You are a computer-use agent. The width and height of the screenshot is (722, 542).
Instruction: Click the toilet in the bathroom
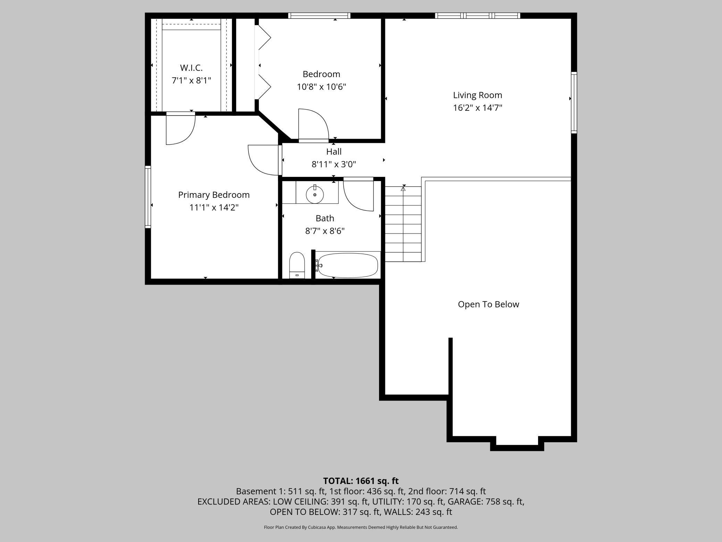click(x=297, y=265)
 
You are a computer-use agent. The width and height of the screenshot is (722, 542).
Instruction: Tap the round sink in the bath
click(x=315, y=195)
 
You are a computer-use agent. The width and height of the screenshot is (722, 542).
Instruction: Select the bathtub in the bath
click(x=347, y=265)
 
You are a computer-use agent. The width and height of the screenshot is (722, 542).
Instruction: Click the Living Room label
click(x=477, y=95)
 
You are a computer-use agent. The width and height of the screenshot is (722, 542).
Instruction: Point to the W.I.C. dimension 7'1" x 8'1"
click(x=191, y=81)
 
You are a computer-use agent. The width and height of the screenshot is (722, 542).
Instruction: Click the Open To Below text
click(x=488, y=304)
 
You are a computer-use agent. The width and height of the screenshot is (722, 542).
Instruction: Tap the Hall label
click(x=334, y=151)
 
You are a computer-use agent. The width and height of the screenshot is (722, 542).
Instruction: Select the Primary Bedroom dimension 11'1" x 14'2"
click(x=214, y=207)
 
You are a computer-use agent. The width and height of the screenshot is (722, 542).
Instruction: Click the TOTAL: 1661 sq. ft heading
click(x=361, y=481)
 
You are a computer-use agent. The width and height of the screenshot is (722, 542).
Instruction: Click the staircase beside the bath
click(x=403, y=224)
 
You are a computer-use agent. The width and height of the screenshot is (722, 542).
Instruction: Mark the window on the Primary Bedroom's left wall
click(x=148, y=197)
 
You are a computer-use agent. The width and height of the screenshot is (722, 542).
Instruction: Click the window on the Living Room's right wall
click(x=574, y=102)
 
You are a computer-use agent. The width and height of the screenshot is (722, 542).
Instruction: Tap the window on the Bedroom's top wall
click(x=319, y=15)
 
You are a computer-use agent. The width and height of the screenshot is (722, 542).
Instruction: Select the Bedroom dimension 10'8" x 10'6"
click(x=321, y=87)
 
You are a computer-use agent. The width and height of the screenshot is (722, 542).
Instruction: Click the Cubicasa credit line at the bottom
click(x=361, y=527)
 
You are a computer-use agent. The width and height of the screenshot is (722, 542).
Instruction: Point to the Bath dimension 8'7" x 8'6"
click(x=325, y=231)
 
